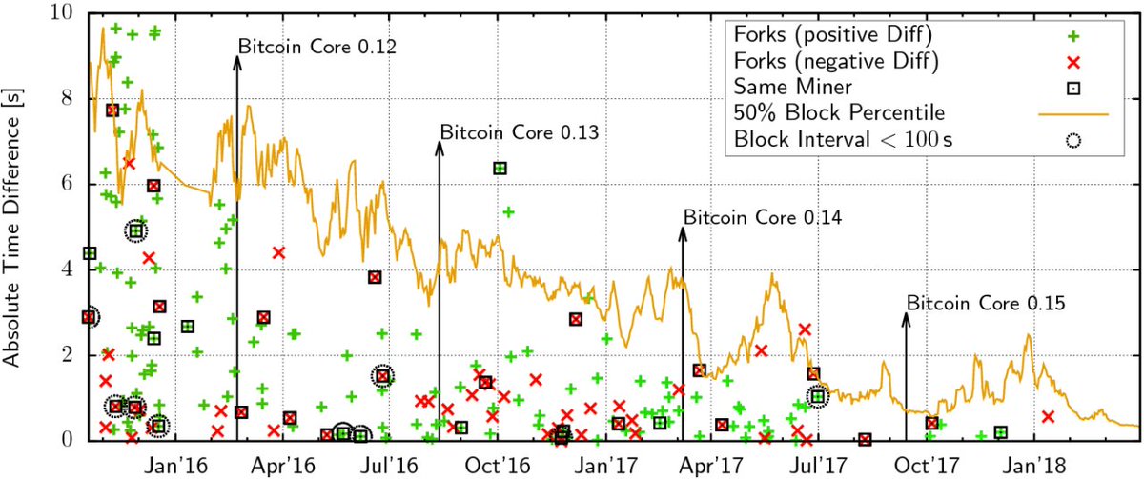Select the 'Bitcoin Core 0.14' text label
(x=762, y=217)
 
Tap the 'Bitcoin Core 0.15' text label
(x=985, y=304)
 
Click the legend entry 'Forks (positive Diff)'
(x=833, y=35)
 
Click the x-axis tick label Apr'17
(x=715, y=463)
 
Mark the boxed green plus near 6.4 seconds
(x=500, y=168)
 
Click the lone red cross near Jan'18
(x=1048, y=416)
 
